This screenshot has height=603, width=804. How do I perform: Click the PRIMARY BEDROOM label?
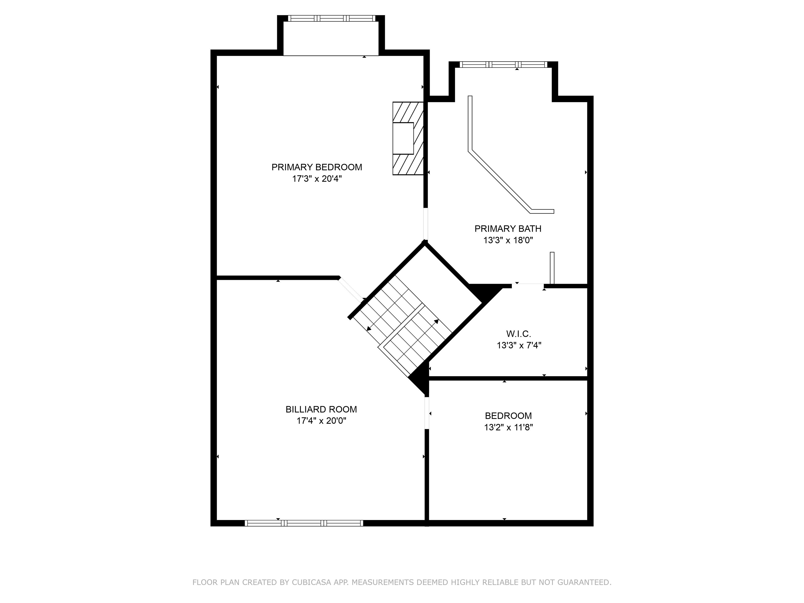pos(317,167)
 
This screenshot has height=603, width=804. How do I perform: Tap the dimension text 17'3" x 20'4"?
pos(317,179)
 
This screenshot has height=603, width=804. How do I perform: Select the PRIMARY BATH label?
pos(508,229)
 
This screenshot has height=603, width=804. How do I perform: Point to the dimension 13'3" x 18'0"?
pos(508,240)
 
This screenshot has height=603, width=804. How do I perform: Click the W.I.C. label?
pos(519,334)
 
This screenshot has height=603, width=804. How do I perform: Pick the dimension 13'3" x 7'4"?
pos(519,345)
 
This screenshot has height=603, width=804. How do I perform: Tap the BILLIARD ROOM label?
pos(321,409)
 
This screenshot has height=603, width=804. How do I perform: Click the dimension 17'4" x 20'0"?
pos(321,421)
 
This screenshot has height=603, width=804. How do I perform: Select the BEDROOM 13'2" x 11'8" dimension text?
pos(508,427)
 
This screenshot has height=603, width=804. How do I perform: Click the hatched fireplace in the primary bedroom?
pos(408,138)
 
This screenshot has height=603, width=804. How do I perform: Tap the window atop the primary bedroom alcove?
pos(331,18)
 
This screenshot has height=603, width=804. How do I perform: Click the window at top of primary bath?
pos(503,65)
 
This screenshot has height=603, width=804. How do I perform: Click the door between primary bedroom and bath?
pos(426,224)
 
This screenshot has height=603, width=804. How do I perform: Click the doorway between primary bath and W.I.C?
pos(528,286)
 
